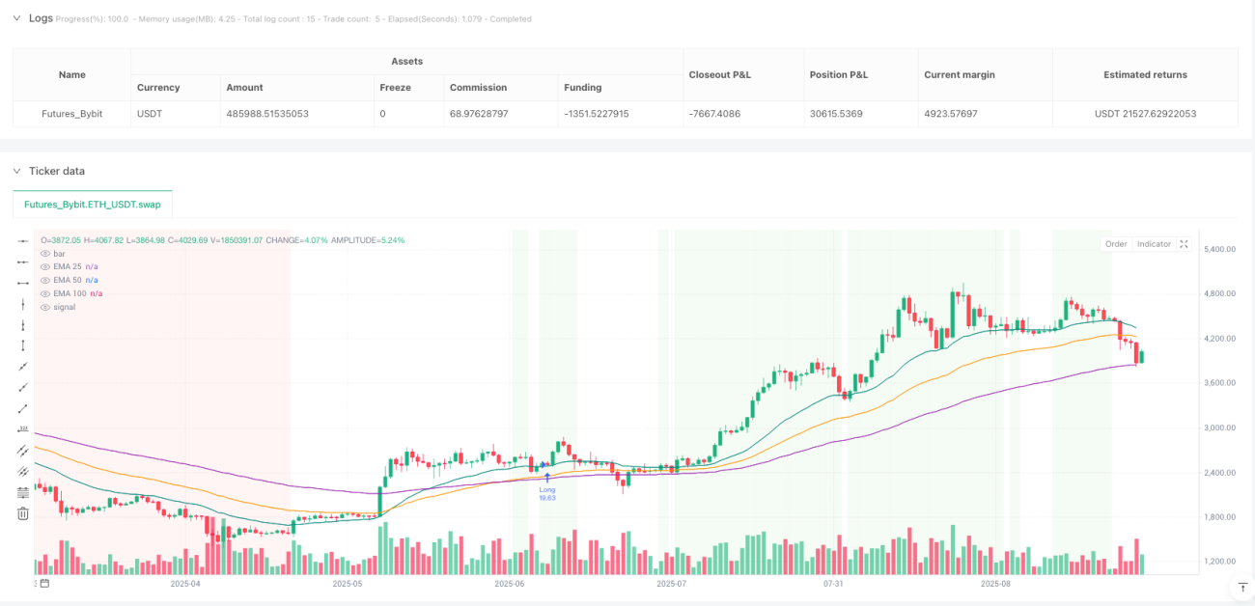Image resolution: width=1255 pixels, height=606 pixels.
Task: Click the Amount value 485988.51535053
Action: click(x=267, y=114)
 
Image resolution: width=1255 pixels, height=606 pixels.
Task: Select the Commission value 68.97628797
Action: click(x=479, y=114)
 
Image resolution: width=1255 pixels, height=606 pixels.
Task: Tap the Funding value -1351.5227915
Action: click(x=597, y=114)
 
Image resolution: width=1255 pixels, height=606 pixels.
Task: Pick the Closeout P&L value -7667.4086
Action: click(x=714, y=114)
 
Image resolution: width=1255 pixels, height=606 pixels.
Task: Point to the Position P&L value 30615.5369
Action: click(x=836, y=114)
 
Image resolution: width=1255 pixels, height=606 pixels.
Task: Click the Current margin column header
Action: click(x=960, y=74)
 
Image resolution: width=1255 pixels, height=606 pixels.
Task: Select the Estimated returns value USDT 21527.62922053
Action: click(x=1145, y=114)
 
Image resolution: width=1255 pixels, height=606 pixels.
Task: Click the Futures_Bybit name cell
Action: click(x=71, y=114)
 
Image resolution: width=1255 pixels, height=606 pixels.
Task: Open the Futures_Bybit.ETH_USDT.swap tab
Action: click(x=93, y=205)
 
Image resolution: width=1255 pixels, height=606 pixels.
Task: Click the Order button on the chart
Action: click(x=1115, y=244)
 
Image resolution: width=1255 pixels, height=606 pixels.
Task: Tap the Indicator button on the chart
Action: click(x=1154, y=244)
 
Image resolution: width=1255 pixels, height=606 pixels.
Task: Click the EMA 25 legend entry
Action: click(x=68, y=266)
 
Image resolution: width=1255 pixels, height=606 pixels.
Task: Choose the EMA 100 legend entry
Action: click(x=70, y=293)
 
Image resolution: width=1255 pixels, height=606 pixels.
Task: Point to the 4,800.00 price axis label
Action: click(x=1219, y=293)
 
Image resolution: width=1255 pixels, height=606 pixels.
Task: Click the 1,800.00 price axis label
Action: click(x=1219, y=517)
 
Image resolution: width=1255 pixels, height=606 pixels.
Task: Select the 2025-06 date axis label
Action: click(x=510, y=584)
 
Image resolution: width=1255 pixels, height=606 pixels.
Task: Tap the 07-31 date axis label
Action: click(x=833, y=584)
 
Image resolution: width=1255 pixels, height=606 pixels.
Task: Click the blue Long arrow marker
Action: click(x=547, y=478)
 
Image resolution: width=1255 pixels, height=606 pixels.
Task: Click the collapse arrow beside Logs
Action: click(x=16, y=18)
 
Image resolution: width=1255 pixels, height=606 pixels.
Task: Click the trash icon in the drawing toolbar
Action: click(x=23, y=513)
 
